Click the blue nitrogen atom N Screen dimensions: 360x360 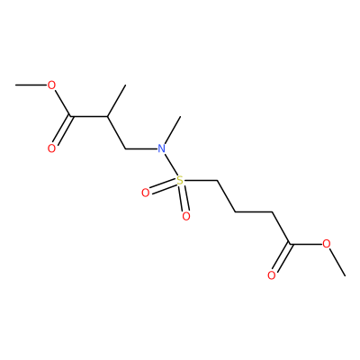[x=162, y=148]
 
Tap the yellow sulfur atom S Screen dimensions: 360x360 [x=179, y=181]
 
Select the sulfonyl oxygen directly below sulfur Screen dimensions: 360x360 [x=186, y=216]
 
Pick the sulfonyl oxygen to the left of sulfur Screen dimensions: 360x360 [x=145, y=193]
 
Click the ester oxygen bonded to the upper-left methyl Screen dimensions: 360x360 [x=51, y=85]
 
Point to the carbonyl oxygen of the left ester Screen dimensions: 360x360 [x=51, y=148]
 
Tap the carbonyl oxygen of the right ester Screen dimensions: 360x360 [x=272, y=275]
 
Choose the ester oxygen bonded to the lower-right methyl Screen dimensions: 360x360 [x=327, y=244]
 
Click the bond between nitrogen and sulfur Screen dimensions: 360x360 [x=170, y=165]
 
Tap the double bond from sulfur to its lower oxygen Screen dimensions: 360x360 [x=184, y=198]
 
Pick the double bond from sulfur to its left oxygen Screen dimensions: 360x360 [x=163, y=187]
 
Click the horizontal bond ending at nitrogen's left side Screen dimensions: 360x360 [x=141, y=148]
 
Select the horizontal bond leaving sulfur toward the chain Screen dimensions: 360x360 [x=201, y=181]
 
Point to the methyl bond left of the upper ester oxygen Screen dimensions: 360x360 [x=31, y=85]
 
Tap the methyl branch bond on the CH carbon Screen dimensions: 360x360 [x=116, y=101]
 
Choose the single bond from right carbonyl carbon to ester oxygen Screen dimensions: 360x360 [x=307, y=244]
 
